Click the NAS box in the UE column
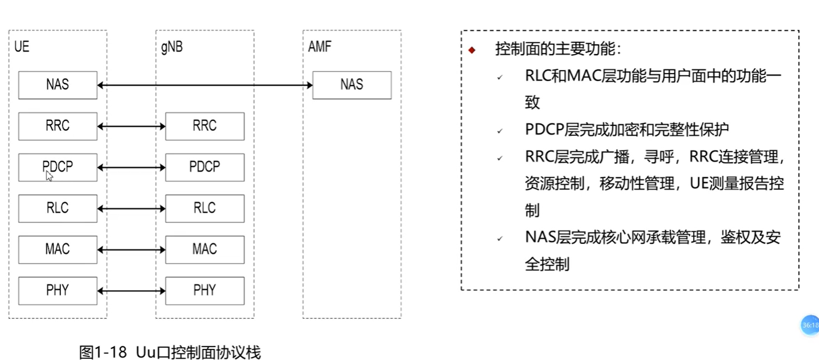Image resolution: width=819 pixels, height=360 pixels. [58, 85]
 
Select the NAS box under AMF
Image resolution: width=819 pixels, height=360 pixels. [351, 85]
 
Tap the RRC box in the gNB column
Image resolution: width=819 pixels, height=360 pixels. [205, 126]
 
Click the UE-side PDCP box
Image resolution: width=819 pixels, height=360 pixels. [58, 167]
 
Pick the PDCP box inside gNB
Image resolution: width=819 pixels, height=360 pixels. [205, 167]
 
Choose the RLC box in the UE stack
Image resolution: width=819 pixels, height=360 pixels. [58, 208]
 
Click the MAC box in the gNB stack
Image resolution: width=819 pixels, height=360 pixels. [205, 249]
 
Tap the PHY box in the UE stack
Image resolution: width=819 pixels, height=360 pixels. [58, 291]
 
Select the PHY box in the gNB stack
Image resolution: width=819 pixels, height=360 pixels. [205, 291]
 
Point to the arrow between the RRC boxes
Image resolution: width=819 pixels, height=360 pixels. [131, 127]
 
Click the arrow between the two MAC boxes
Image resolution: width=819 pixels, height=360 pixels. [131, 250]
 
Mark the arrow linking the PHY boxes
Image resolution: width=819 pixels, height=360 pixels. [131, 291]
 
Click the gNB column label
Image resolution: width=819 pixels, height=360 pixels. [172, 47]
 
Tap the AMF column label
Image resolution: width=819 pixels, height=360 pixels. [319, 47]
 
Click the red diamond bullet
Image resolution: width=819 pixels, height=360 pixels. [472, 50]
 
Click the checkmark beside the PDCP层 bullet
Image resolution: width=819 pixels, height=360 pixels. [500, 131]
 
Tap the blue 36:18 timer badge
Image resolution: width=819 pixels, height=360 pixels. [810, 325]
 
